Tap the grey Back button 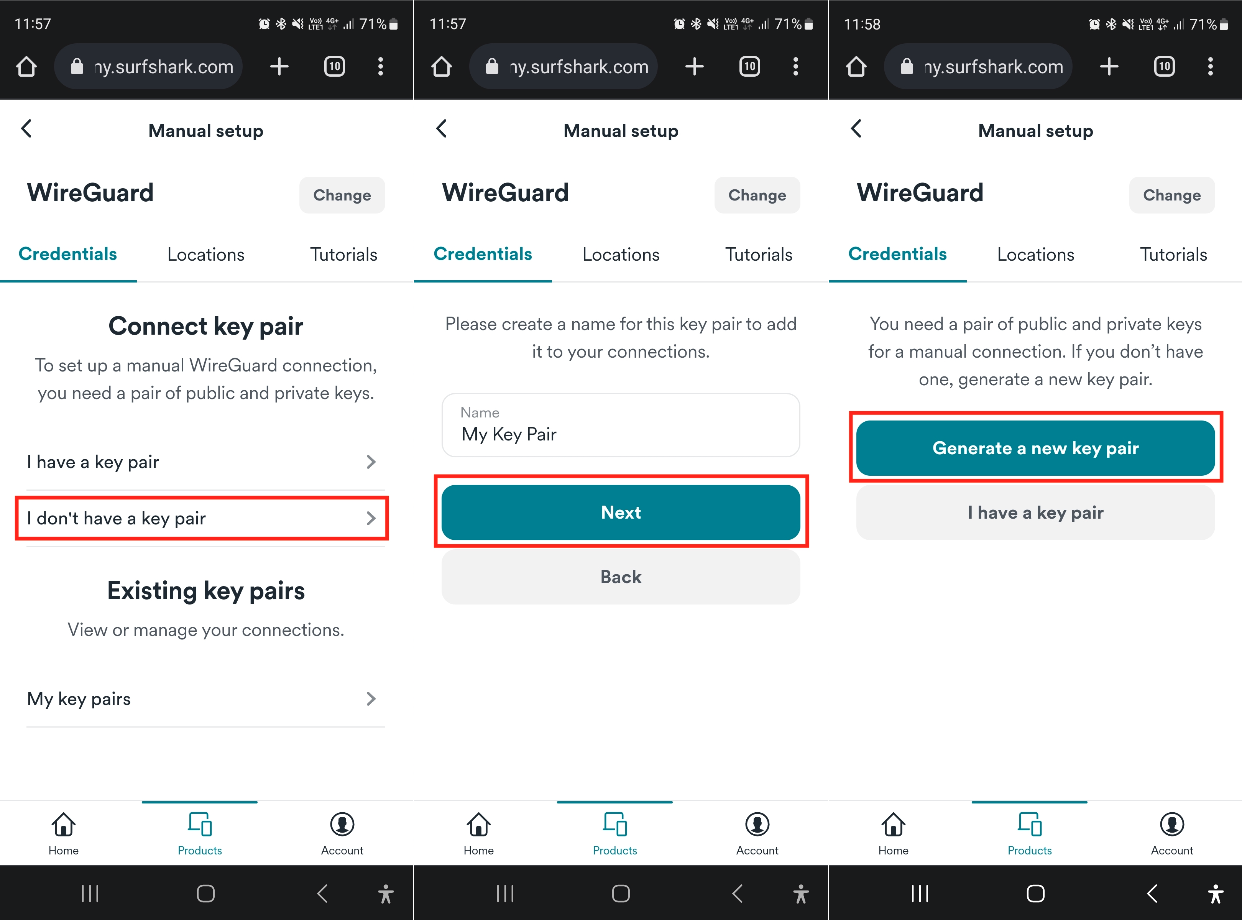[621, 577]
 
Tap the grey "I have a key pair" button [1035, 513]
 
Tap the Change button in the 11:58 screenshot [1172, 195]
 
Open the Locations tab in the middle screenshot [621, 255]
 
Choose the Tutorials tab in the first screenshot [343, 255]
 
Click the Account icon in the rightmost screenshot [1172, 824]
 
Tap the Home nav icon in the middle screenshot [478, 824]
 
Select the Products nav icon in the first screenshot [200, 824]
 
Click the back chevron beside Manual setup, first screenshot [26, 129]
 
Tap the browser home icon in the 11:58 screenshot [856, 66]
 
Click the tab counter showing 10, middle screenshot [750, 66]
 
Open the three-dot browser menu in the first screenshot [380, 66]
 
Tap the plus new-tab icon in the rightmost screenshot [1109, 66]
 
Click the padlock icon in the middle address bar [492, 66]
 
